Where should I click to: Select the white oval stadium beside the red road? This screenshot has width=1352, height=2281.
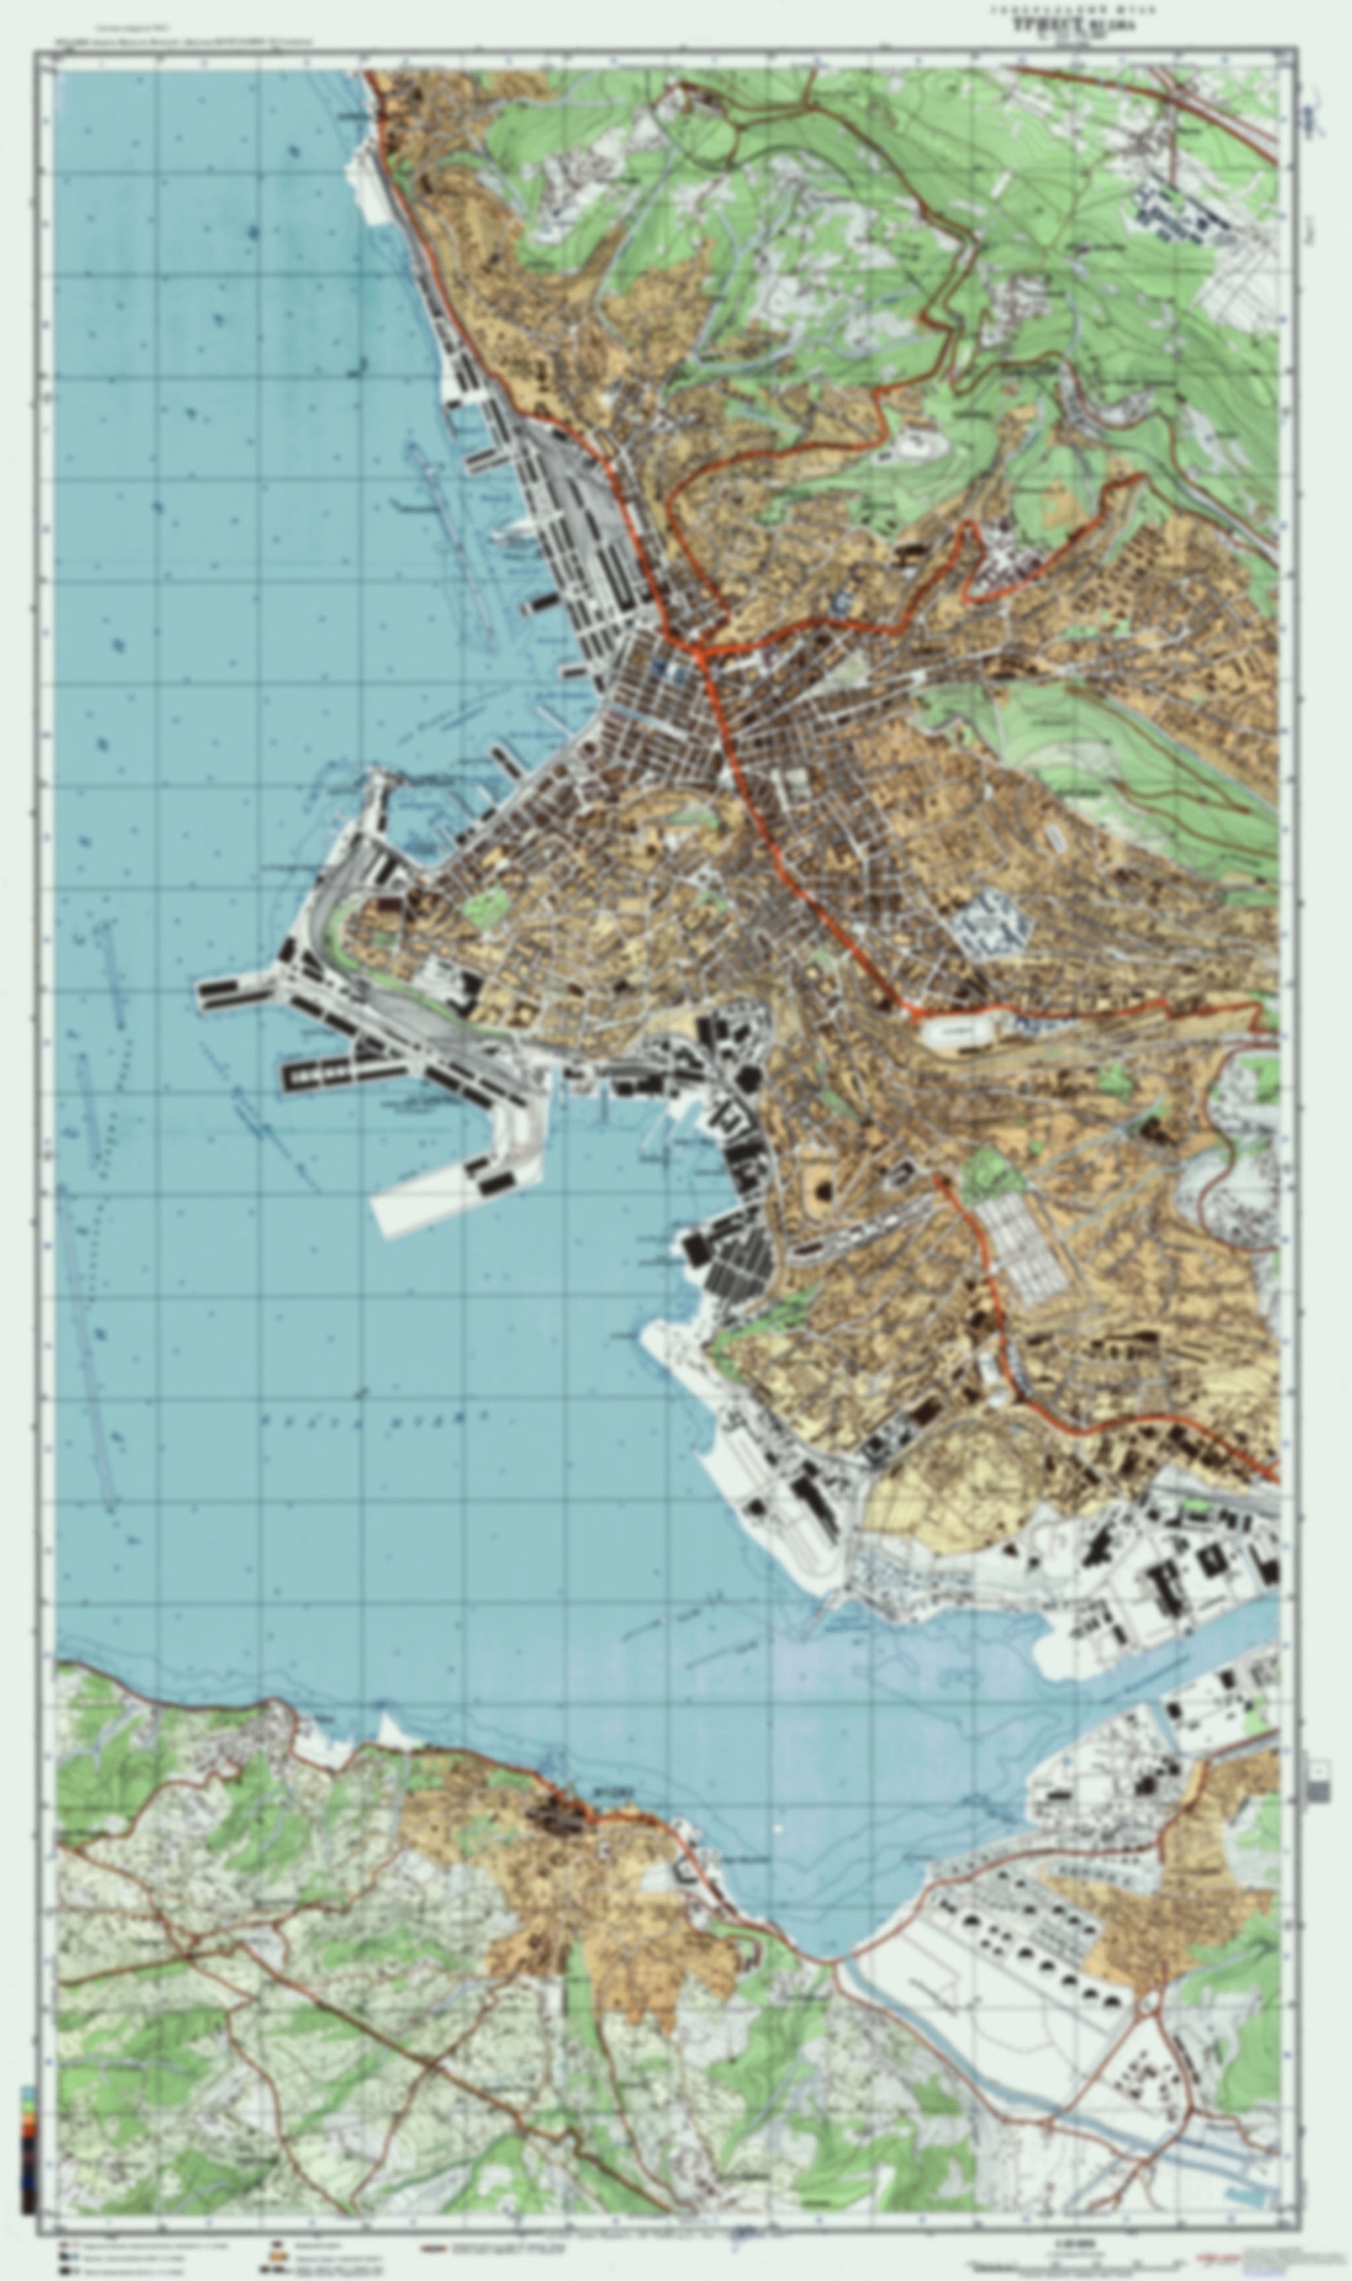(x=957, y=1034)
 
